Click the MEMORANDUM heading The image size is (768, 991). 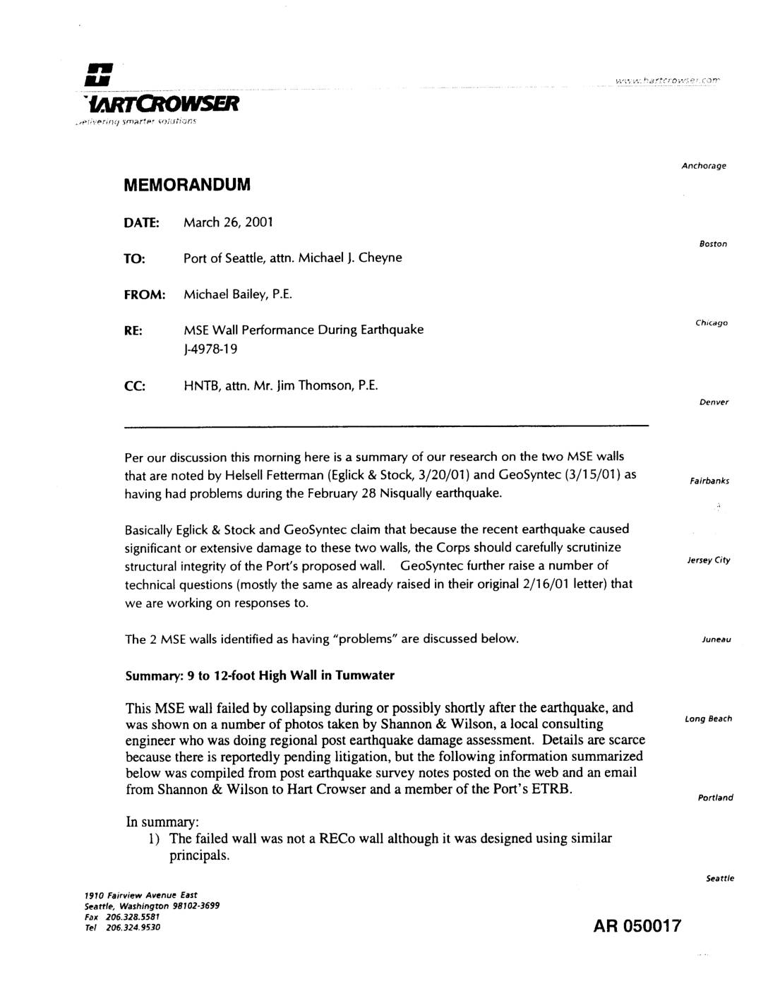pos(187,185)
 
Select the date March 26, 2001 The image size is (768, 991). pos(228,222)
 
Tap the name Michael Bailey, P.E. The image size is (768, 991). pos(237,294)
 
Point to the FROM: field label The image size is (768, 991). pos(145,294)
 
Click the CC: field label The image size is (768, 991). pos(135,385)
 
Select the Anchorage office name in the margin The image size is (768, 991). pos(704,166)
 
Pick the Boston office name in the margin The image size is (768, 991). pos(713,244)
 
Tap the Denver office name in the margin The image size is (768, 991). pos(714,402)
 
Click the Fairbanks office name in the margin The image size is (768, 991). pos(709,481)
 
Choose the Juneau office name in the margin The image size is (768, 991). pos(716,639)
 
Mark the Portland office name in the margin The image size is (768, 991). pos(715,798)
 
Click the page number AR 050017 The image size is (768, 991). pos(637,925)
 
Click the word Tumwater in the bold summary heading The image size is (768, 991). pos(364,675)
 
